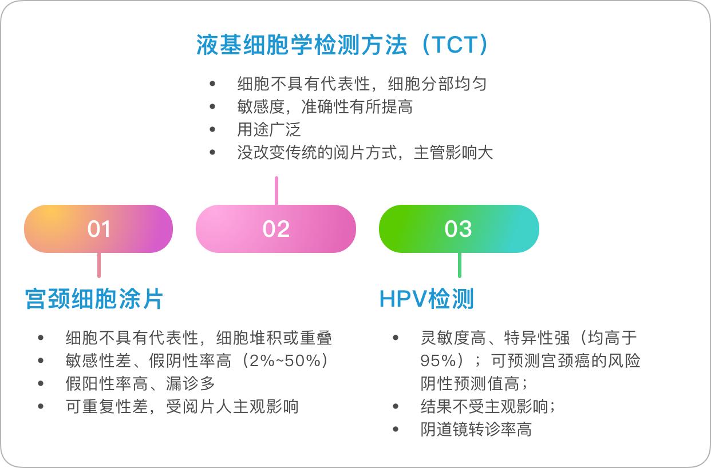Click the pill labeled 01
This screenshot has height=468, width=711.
click(x=98, y=229)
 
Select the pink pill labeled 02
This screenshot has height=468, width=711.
click(x=276, y=229)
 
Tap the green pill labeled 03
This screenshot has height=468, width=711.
click(x=459, y=229)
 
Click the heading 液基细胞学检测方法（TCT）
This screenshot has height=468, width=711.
click(x=343, y=45)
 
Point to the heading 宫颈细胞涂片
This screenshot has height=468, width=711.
click(x=94, y=299)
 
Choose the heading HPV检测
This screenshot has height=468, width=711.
click(x=426, y=299)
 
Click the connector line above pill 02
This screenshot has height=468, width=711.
click(x=276, y=191)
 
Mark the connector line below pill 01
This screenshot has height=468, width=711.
click(x=99, y=265)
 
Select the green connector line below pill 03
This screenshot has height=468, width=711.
click(x=459, y=265)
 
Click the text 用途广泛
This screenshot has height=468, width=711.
click(x=268, y=129)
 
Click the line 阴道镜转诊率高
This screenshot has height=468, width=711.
click(x=476, y=430)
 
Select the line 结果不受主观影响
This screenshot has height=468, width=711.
click(x=488, y=407)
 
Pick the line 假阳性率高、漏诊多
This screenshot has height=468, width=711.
click(x=140, y=384)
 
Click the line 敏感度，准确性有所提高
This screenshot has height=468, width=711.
click(x=325, y=107)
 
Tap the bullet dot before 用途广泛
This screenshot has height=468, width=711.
click(x=213, y=129)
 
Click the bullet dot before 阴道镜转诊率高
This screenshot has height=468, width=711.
click(x=396, y=430)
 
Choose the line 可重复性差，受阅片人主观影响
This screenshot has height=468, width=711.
click(x=182, y=407)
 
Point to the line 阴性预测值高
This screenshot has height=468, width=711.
click(x=474, y=384)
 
